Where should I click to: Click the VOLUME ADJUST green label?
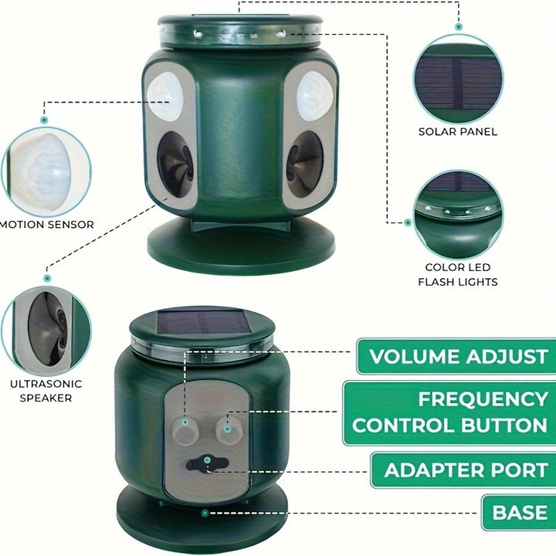pyautogui.click(x=456, y=356)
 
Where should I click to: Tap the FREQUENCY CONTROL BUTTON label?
pyautogui.click(x=449, y=412)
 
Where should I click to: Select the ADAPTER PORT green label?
pyautogui.click(x=463, y=470)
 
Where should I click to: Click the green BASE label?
pyautogui.click(x=519, y=513)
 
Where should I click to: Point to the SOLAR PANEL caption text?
pyautogui.click(x=458, y=131)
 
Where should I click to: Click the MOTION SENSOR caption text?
pyautogui.click(x=47, y=225)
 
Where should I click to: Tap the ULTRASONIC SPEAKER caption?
pyautogui.click(x=46, y=391)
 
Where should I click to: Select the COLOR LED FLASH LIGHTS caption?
pyautogui.click(x=458, y=274)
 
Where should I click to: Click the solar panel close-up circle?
pyautogui.click(x=458, y=79)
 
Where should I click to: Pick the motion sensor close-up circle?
pyautogui.click(x=46, y=172)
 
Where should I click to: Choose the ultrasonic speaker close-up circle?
pyautogui.click(x=46, y=331)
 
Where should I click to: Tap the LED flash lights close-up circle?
pyautogui.click(x=458, y=215)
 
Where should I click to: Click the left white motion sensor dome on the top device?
pyautogui.click(x=165, y=96)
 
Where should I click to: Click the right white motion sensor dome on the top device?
pyautogui.click(x=314, y=96)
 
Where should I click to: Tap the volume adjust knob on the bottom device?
pyautogui.click(x=185, y=430)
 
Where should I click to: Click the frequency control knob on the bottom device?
pyautogui.click(x=229, y=429)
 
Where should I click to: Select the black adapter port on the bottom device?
pyautogui.click(x=208, y=463)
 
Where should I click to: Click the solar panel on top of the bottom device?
pyautogui.click(x=204, y=322)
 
